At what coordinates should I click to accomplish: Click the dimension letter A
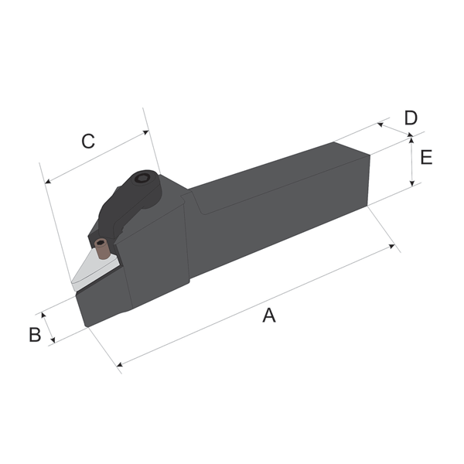click(268, 315)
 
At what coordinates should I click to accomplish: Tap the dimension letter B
click(35, 335)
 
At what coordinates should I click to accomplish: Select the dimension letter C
click(88, 142)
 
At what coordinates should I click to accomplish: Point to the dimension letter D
click(411, 118)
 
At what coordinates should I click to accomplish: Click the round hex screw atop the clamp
click(142, 179)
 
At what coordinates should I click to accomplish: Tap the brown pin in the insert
click(101, 247)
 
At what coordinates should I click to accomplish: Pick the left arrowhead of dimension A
click(118, 364)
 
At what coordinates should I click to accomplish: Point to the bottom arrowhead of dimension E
click(412, 184)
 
